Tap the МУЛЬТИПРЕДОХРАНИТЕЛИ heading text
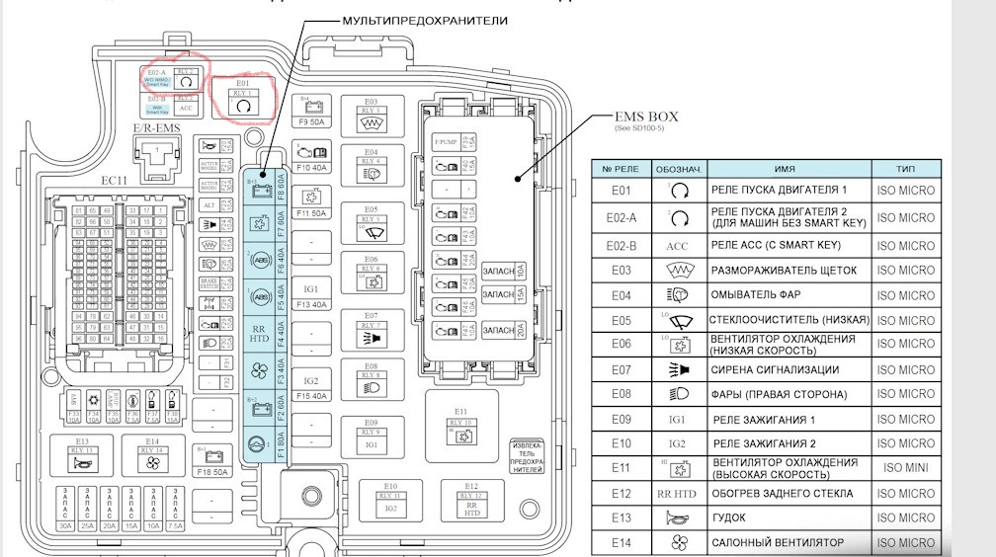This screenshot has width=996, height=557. (x=425, y=20)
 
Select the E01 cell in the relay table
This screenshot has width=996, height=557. (x=621, y=191)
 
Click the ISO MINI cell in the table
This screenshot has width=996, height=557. (x=904, y=468)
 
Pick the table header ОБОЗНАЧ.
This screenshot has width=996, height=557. (x=676, y=169)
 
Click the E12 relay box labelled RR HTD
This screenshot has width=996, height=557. (x=472, y=501)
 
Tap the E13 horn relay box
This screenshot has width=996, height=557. (x=82, y=457)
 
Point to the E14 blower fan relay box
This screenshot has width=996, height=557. (x=152, y=457)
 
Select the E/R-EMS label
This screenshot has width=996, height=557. (x=156, y=127)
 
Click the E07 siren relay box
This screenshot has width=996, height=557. (x=371, y=333)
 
